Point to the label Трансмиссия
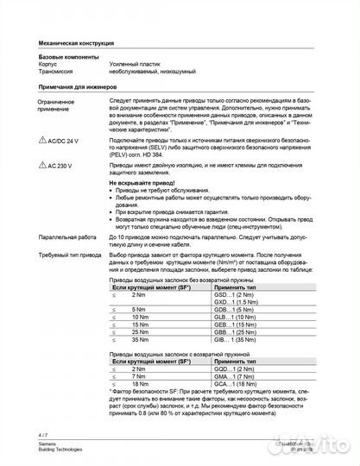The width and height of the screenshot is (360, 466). click(x=57, y=72)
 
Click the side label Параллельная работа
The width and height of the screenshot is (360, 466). click(x=66, y=236)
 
